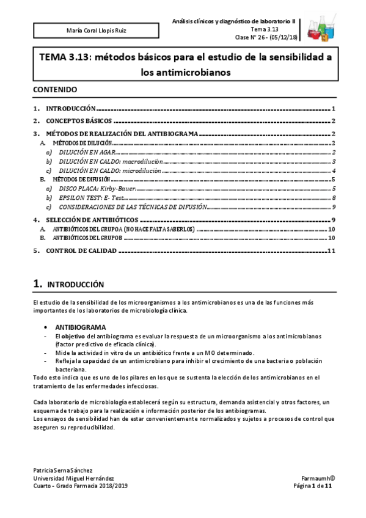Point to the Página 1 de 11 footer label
coord(313,486)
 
